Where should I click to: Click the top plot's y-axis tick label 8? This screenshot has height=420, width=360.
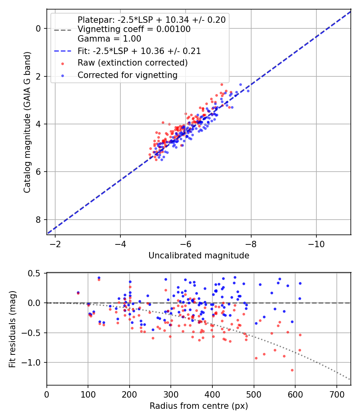[x=38, y=220]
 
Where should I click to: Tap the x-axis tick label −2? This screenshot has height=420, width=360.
[x=55, y=244]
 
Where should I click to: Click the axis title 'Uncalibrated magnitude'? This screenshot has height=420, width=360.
[x=199, y=256]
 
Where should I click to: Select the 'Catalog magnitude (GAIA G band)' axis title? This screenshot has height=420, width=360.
[x=27, y=122]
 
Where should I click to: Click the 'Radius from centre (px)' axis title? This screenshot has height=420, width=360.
[x=199, y=406]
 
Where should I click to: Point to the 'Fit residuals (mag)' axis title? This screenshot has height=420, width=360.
[x=12, y=329]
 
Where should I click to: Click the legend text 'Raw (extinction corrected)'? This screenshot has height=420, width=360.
[x=132, y=63]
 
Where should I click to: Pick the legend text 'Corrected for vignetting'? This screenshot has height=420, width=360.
[x=128, y=75]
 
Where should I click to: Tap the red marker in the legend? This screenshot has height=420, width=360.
[x=63, y=64]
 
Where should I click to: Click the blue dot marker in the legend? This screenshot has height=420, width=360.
[x=63, y=76]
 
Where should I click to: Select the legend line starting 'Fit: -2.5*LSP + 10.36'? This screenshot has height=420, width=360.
[x=139, y=51]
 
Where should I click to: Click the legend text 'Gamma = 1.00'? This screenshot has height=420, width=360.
[x=109, y=39]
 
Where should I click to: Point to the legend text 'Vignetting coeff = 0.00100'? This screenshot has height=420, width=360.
[x=134, y=29]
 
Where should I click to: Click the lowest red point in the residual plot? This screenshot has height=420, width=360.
[x=292, y=370]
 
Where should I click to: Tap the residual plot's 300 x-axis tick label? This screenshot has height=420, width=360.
[x=171, y=394]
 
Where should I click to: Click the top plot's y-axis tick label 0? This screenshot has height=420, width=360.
[x=38, y=29]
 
